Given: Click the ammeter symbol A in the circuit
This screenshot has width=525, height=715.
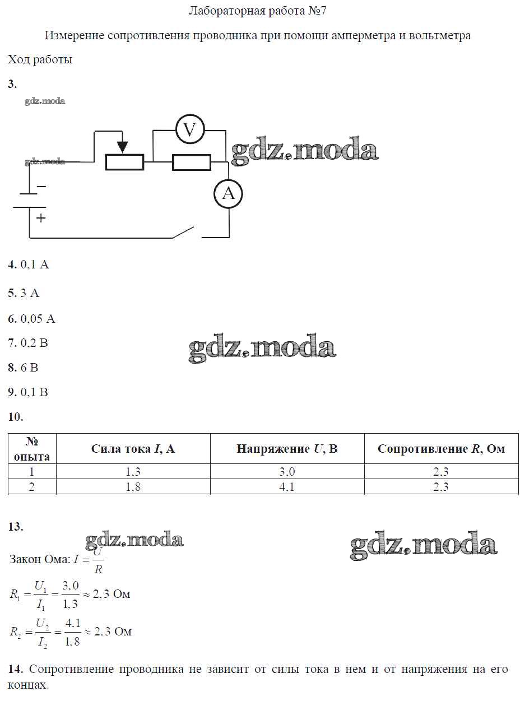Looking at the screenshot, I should tap(228, 194).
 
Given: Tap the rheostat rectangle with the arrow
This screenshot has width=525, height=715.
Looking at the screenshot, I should tap(124, 162).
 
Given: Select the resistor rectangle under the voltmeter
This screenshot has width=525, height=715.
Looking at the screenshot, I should tap(191, 162).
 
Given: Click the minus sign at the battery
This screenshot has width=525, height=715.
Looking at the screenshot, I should tap(41, 186).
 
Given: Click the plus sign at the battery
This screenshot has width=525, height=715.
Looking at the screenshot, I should tap(41, 218).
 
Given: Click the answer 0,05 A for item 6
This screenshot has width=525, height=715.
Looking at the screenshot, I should tap(38, 319).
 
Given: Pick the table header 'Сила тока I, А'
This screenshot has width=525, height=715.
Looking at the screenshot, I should tap(133, 449).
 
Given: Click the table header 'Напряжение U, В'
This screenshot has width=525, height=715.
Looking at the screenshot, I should tap(287, 449).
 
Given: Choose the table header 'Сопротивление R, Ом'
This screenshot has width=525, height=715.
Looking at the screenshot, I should tap(441, 449).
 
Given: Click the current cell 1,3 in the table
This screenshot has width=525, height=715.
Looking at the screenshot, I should tap(133, 472).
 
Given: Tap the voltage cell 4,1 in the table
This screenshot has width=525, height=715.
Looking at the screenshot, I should tap(287, 487).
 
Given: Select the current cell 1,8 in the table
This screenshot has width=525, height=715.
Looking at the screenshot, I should tap(133, 487).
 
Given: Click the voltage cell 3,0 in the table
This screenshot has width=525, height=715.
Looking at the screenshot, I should tap(287, 472).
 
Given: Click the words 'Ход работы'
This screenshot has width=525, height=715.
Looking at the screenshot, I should tap(40, 59).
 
